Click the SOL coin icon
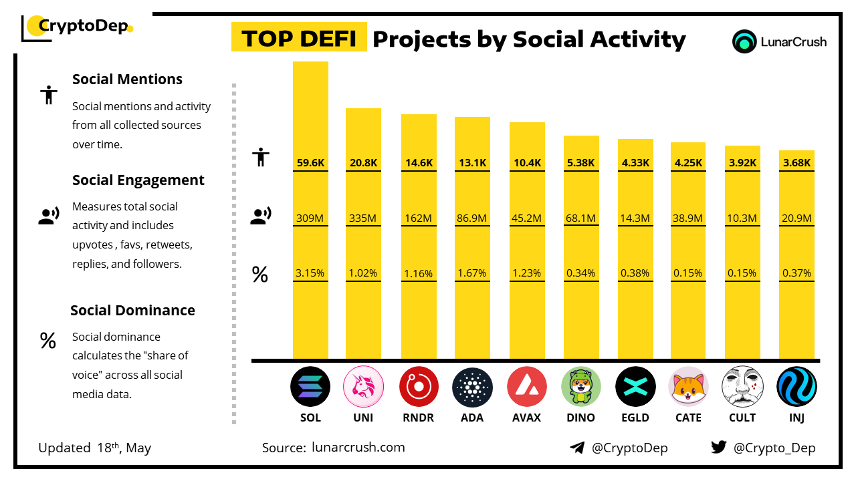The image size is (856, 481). point(310,387)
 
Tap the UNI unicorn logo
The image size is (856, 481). point(363,387)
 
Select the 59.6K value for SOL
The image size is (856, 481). point(310,162)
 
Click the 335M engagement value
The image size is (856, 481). point(363,218)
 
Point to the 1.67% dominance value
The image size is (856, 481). point(472,273)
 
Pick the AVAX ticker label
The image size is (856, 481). point(526,418)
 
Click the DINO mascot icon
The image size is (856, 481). point(581,387)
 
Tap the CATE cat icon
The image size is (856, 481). point(688,387)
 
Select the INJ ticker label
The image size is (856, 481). point(796,418)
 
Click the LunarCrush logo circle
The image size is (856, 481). point(744,41)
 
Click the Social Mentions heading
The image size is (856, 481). point(127,79)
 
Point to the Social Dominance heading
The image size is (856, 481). point(132,310)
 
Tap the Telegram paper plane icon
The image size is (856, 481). point(577,448)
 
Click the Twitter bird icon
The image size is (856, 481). point(719,447)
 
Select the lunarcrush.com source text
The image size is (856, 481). point(358,447)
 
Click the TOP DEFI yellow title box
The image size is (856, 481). point(299,38)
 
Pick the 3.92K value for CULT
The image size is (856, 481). point(742,162)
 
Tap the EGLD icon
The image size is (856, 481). point(635,387)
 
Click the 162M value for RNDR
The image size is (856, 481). point(419,218)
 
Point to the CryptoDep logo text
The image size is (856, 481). point(83,26)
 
